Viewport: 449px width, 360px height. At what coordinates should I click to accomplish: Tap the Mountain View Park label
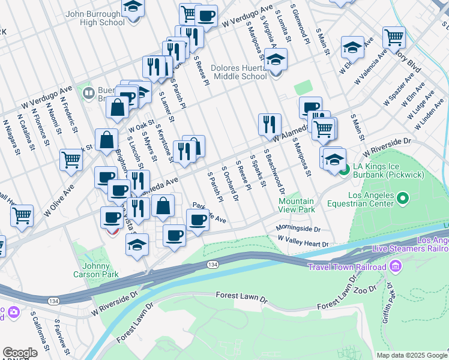(x=297, y=206)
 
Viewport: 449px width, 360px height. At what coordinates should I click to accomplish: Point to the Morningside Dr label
(x=298, y=229)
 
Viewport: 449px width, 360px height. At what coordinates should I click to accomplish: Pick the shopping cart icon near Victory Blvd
(x=394, y=38)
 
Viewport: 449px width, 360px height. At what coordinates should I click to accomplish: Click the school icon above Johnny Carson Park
(x=137, y=245)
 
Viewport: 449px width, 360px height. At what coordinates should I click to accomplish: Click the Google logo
(x=20, y=353)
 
